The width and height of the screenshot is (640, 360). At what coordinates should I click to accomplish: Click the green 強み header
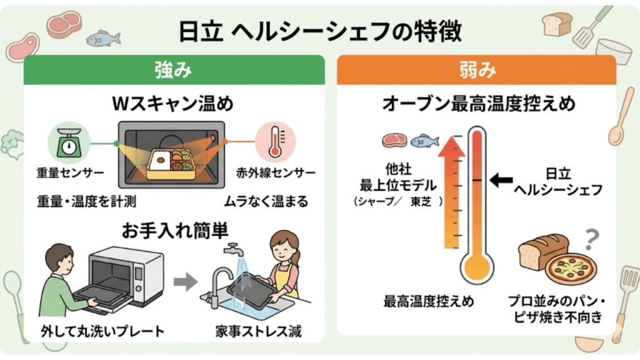coord(174,70)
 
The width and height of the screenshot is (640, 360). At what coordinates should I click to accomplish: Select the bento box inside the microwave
coord(172,159)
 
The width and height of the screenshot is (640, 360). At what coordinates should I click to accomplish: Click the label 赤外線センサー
coord(276,172)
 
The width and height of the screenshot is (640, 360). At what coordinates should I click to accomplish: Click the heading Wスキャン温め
coord(172,103)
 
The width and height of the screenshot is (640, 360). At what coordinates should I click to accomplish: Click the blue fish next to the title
coord(102,39)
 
